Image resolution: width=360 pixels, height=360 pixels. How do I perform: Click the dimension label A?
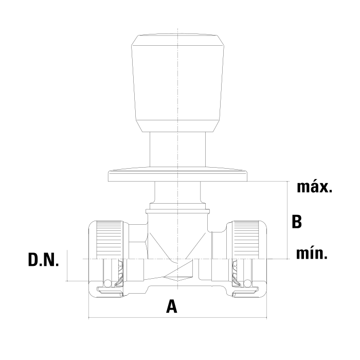[172, 307]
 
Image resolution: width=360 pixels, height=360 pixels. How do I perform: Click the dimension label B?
[297, 222]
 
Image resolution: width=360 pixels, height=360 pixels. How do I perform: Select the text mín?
[312, 253]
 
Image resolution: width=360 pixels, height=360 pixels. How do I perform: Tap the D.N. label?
[43, 260]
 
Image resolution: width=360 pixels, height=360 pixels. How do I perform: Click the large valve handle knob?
[178, 83]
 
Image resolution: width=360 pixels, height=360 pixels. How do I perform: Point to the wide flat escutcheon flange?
[178, 176]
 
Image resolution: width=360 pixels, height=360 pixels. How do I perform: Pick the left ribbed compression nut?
[109, 240]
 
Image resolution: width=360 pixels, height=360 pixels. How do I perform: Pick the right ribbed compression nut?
[246, 240]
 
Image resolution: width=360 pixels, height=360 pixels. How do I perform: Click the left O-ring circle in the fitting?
[107, 283]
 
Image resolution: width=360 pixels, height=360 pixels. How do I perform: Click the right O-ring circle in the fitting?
[247, 283]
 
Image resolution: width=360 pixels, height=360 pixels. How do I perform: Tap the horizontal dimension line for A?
[178, 318]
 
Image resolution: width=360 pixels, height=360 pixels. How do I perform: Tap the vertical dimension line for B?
[287, 220]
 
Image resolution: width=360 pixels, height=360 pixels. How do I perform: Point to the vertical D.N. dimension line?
[67, 265]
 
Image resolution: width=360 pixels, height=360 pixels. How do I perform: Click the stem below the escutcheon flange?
[177, 192]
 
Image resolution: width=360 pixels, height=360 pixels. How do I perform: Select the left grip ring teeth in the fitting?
[119, 273]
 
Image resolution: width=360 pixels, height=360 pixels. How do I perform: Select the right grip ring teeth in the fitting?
[236, 273]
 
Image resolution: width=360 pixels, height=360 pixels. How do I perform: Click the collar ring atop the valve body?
[178, 211]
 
